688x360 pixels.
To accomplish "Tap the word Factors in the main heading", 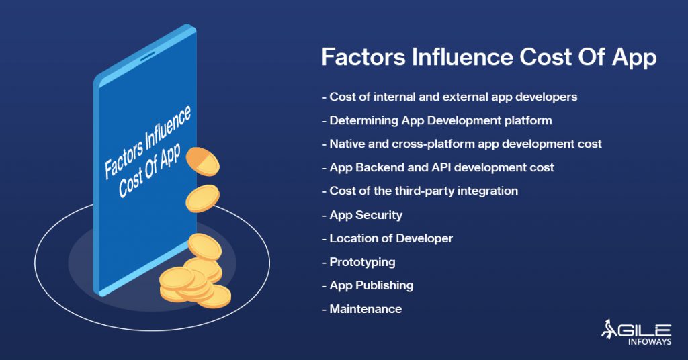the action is tap(363, 57).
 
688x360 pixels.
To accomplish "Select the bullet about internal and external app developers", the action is tap(449, 97).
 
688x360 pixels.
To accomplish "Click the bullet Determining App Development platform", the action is tap(437, 120).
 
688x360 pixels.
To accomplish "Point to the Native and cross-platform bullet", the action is tap(462, 144).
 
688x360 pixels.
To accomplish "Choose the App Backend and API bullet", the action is tap(438, 167).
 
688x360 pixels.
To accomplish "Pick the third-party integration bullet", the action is tap(420, 191).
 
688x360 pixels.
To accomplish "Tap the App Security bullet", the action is tap(362, 215).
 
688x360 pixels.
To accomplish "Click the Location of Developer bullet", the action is tap(388, 238).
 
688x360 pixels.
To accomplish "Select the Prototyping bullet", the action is tap(359, 262).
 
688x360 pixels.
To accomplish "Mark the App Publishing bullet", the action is tap(368, 286).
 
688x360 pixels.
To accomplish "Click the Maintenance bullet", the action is tap(362, 309).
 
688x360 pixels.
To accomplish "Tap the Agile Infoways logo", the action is tap(636, 332).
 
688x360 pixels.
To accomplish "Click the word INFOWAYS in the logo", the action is tap(650, 341).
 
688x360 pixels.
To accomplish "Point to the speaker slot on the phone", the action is tap(147, 56).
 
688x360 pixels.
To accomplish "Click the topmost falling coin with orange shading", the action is tap(202, 161).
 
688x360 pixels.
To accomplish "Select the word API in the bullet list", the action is tap(441, 167).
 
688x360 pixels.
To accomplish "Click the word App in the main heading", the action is tap(634, 58).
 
